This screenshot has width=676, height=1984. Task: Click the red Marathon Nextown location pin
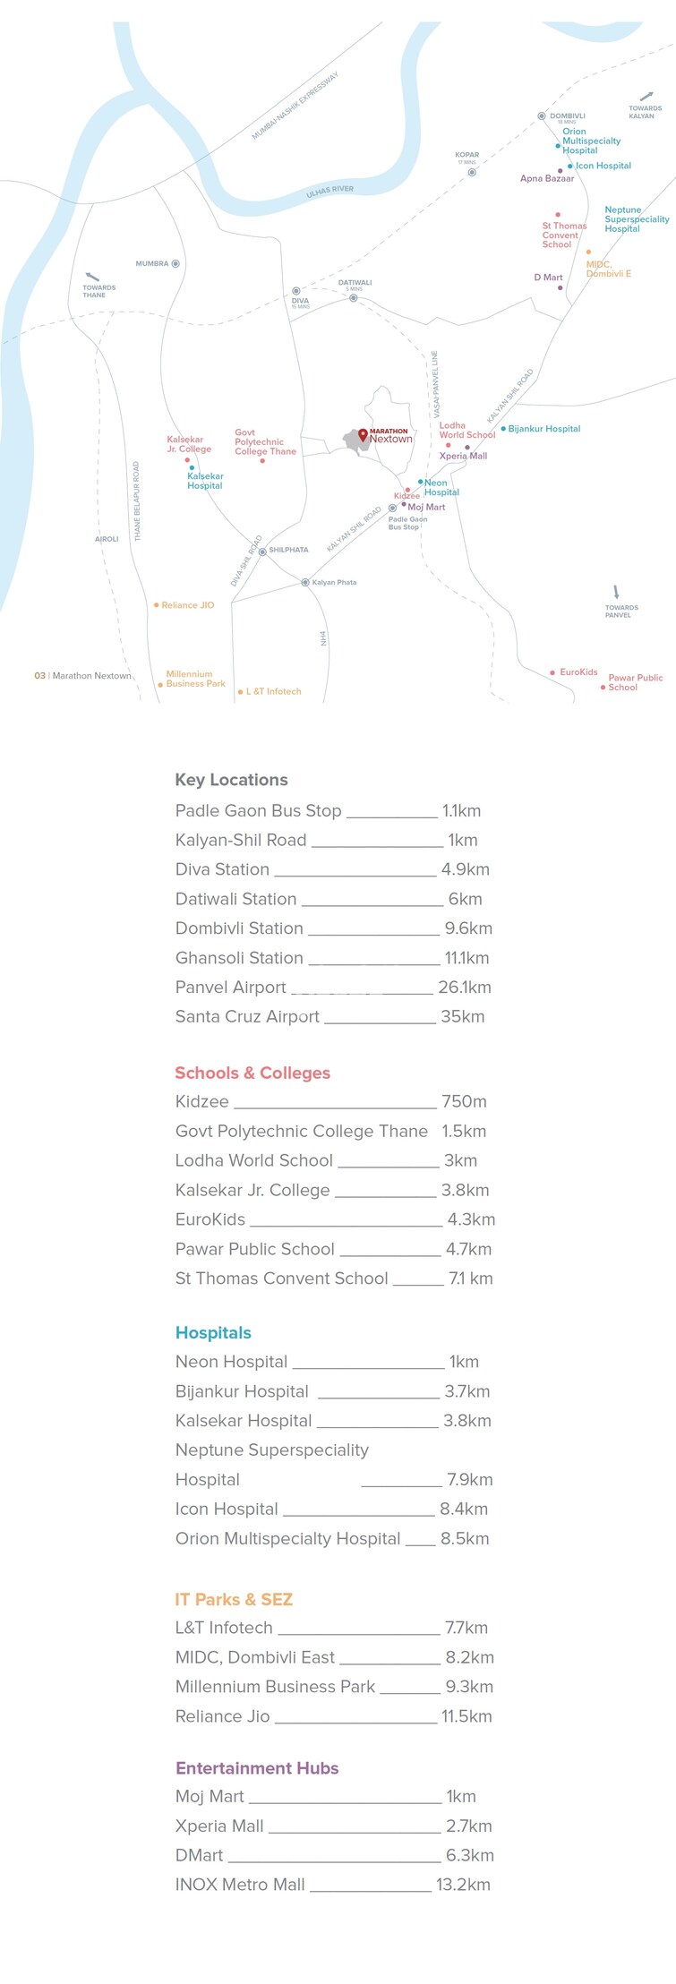(363, 435)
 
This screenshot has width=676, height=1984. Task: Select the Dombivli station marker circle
(541, 116)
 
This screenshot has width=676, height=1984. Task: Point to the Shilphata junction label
(288, 550)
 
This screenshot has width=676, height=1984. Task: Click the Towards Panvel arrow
(616, 592)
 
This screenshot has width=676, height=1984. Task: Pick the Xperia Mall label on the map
(463, 456)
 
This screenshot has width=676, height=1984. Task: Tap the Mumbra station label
(151, 264)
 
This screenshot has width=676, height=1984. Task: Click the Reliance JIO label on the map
(187, 605)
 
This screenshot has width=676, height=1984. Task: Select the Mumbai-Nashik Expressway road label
(295, 106)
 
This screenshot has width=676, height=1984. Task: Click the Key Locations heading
(231, 780)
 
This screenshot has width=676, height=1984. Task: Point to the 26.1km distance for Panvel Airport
(464, 988)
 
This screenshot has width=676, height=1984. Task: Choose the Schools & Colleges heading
(252, 1073)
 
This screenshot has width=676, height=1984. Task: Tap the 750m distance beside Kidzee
(464, 1101)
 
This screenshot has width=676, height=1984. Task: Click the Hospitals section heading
(213, 1332)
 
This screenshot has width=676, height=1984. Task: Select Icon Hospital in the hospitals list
(227, 1509)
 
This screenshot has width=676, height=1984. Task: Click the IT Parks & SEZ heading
(234, 1599)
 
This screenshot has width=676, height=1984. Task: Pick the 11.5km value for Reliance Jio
(466, 1716)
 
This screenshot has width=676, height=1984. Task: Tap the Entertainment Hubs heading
(257, 1768)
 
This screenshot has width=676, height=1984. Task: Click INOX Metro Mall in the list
(240, 1885)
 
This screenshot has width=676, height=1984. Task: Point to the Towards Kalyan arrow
(646, 96)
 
